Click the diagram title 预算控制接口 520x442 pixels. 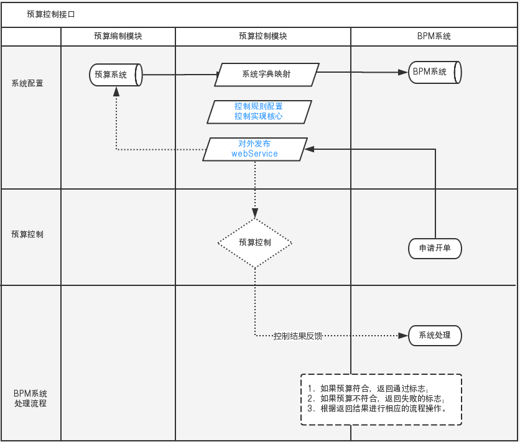tap(51, 14)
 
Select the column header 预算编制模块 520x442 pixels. tap(118, 36)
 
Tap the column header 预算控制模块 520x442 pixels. tap(263, 36)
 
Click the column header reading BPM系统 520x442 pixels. tap(434, 36)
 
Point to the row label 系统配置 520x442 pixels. tap(27, 83)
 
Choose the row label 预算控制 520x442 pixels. tap(27, 234)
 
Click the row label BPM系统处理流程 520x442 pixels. tap(30, 398)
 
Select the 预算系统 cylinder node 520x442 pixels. tap(116, 75)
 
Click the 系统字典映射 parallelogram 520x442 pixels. tap(266, 74)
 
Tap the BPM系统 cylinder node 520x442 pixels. tap(434, 72)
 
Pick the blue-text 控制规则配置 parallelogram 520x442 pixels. tap(259, 111)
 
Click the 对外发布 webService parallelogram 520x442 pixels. tap(254, 149)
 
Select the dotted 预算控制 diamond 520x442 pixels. tap(254, 242)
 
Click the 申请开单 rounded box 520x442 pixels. tap(435, 248)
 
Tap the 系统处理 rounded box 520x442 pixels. tap(435, 336)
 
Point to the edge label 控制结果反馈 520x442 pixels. tap(298, 336)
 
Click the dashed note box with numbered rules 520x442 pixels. tap(381, 399)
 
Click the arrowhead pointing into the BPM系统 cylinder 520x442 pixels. tap(403, 72)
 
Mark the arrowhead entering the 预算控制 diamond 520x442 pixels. tap(254, 213)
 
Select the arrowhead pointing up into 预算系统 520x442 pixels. tap(116, 91)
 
